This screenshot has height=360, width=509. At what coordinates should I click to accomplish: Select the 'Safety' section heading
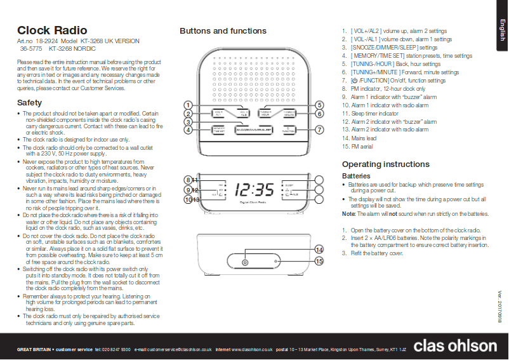(29, 102)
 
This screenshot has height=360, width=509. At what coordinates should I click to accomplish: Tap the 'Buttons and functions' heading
(223, 30)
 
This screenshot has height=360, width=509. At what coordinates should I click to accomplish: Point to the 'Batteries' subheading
(357, 176)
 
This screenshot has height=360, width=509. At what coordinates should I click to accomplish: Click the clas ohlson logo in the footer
(455, 345)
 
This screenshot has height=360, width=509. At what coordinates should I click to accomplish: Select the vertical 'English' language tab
(501, 30)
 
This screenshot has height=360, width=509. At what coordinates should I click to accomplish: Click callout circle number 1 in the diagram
(188, 105)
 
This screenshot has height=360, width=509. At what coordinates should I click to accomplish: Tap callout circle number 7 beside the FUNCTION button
(320, 130)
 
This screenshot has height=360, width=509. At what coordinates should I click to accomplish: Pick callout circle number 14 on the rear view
(319, 250)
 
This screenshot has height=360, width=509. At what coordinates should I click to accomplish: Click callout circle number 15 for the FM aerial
(319, 261)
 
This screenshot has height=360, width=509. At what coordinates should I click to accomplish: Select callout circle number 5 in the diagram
(320, 105)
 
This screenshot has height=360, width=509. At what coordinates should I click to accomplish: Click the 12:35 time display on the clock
(254, 189)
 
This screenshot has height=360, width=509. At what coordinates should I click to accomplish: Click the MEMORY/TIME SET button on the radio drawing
(218, 130)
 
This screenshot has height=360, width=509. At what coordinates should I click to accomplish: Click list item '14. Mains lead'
(359, 138)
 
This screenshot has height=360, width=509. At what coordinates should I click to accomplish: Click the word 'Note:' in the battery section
(348, 214)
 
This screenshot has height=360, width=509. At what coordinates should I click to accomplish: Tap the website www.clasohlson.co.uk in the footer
(251, 349)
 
